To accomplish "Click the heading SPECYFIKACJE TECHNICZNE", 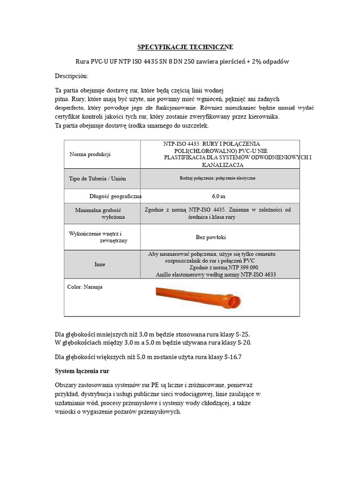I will point(185,47).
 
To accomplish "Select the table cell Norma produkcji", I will point(90,154).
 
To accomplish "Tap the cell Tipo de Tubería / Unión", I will point(97,179).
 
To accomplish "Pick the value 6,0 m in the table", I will point(218,196).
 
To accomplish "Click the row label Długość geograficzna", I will point(115,196).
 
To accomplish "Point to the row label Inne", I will point(99,264).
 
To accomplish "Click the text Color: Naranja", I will point(85,287).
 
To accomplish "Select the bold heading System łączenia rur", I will point(82,371).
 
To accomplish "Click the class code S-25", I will point(242,334).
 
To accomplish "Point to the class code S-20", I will point(243,343).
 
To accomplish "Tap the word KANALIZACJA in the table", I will point(222,165).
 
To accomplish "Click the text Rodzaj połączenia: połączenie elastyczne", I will point(217,179).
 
